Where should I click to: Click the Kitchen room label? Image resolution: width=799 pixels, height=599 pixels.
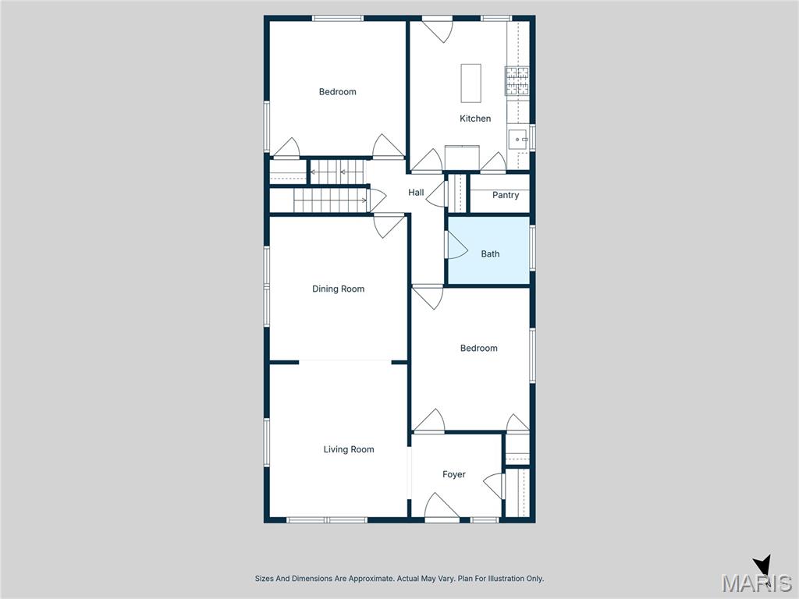coord(475,119)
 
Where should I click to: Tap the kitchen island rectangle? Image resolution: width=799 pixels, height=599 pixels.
coord(471,83)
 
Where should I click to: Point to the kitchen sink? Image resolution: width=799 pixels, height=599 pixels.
coord(518,140)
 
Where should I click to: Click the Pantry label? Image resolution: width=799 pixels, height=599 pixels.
coord(506,195)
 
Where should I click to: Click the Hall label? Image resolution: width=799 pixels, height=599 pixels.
coord(416,193)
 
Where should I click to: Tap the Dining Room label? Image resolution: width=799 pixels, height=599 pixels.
coord(338,289)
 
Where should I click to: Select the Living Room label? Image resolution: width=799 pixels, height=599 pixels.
coord(349,449)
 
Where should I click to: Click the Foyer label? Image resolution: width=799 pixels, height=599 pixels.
coord(454,474)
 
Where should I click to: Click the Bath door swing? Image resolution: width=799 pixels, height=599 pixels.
coord(456,246)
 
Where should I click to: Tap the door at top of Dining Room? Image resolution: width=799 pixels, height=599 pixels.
coord(388,225)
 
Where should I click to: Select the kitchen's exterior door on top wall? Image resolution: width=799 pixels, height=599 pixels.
coord(437,30)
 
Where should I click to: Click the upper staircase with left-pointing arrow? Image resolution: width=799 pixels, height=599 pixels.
coord(337,171)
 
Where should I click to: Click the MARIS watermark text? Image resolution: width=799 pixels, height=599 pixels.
coord(756,583)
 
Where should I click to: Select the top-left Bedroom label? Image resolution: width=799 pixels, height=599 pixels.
coord(337,92)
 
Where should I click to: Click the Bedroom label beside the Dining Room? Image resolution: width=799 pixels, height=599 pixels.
coord(478,348)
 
